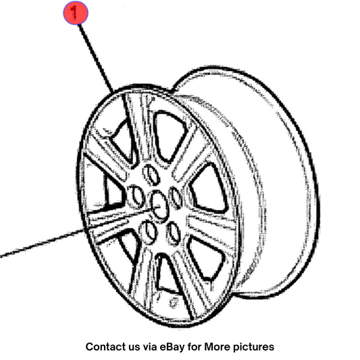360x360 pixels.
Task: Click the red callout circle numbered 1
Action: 76,13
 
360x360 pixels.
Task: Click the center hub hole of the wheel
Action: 159,204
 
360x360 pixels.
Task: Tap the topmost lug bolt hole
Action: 151,174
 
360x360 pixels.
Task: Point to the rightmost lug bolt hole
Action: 176,197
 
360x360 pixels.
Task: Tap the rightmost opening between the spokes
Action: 208,188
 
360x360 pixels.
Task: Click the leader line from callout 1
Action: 95,58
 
